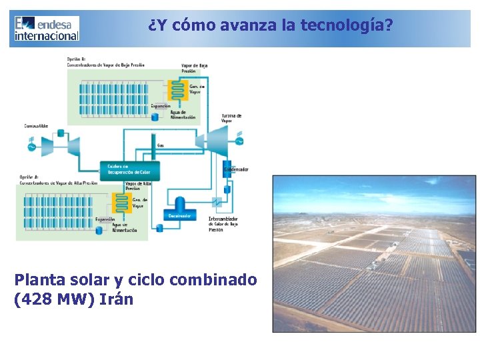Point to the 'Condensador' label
pyautogui.click(x=237, y=169)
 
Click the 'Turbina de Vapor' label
pyautogui.click(x=231, y=118)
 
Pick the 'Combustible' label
pyautogui.click(x=36, y=125)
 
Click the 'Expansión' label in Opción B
pyautogui.click(x=161, y=106)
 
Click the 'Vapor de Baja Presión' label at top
pyautogui.click(x=194, y=68)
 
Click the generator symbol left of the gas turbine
pyautogui.click(x=31, y=145)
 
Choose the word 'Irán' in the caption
pyautogui.click(x=116, y=299)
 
